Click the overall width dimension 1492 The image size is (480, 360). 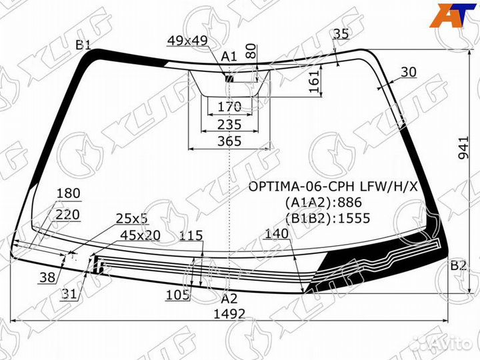click(x=229, y=314)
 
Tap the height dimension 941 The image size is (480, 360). click(x=464, y=147)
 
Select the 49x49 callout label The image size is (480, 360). click(x=187, y=41)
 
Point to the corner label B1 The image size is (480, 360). click(x=83, y=45)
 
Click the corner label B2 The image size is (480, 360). click(x=458, y=265)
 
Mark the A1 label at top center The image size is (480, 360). click(x=229, y=57)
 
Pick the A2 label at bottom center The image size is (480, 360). click(x=229, y=299)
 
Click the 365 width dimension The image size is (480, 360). click(x=229, y=141)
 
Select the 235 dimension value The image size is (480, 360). click(x=229, y=125)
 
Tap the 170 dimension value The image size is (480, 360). click(x=229, y=107)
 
